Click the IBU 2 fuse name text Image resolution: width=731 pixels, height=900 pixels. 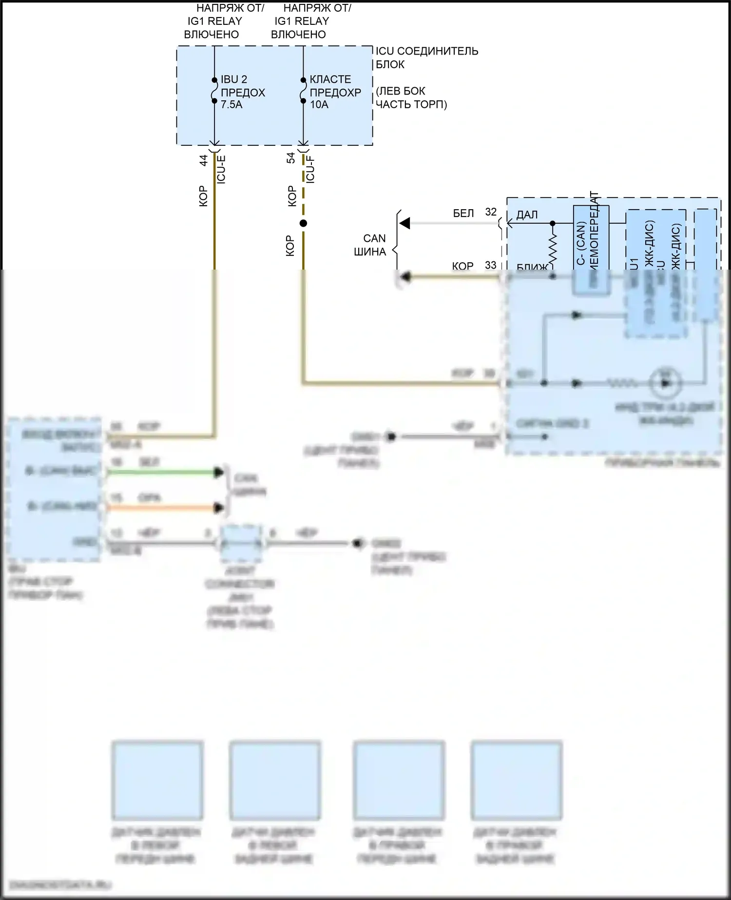[234, 79]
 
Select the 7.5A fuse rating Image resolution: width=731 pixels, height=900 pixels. [231, 104]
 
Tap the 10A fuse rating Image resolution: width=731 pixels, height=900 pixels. [319, 104]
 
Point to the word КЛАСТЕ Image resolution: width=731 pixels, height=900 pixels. [330, 79]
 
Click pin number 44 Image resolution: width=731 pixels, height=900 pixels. [204, 160]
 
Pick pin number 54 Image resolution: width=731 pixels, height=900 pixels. [291, 158]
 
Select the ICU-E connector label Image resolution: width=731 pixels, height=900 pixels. [221, 169]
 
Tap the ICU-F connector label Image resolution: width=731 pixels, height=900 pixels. [310, 169]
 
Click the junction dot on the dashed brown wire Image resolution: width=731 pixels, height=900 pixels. [303, 223]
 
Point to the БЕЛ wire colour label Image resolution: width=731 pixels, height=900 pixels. [463, 214]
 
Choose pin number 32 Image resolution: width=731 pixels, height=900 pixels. [491, 212]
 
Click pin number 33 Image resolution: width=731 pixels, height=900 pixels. [491, 265]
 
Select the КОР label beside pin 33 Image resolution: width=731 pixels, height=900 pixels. [462, 266]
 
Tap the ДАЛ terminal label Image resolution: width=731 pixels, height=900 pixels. [527, 215]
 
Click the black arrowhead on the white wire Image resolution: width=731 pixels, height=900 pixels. [404, 223]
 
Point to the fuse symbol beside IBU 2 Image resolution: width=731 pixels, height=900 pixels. [214, 91]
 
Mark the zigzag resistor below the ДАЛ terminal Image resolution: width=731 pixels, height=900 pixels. [553, 249]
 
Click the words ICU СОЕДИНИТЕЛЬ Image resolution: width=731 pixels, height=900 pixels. [427, 51]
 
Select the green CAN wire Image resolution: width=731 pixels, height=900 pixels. [161, 472]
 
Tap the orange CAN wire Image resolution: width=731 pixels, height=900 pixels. [161, 508]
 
